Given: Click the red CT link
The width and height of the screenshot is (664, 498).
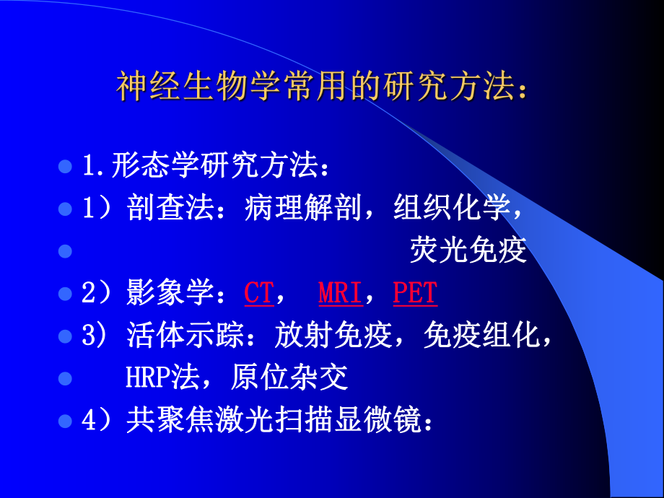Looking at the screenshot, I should pyautogui.click(x=258, y=293).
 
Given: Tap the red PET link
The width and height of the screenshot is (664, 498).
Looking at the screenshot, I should pyautogui.click(x=416, y=293).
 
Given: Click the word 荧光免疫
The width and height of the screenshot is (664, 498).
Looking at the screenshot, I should pyautogui.click(x=468, y=251).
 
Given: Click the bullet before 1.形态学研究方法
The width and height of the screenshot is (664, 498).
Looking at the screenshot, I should pyautogui.click(x=65, y=167).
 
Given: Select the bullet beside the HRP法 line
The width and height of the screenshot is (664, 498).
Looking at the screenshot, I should pyautogui.click(x=65, y=377).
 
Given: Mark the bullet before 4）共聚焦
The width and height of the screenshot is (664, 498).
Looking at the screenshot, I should pyautogui.click(x=65, y=420).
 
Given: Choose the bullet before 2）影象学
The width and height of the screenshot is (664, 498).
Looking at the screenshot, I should pyautogui.click(x=65, y=294).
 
